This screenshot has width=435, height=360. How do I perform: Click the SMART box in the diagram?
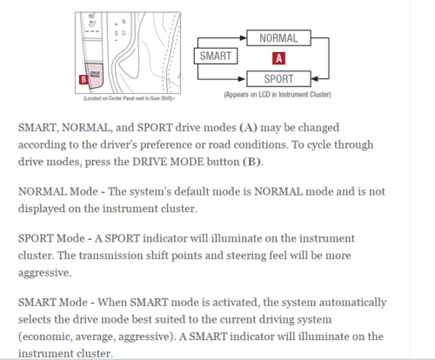coord(214,57)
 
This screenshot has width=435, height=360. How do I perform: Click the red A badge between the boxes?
coord(278,58)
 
